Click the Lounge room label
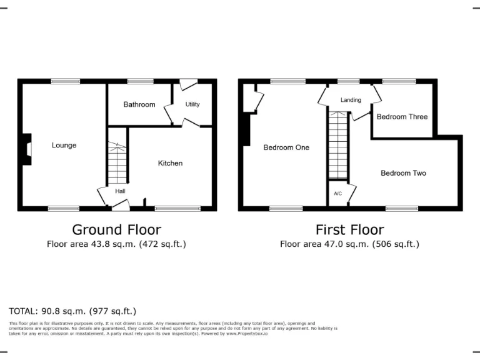click(x=64, y=146)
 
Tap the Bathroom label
click(x=139, y=104)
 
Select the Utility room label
click(x=192, y=104)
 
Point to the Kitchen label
click(x=170, y=163)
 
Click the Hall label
click(x=120, y=191)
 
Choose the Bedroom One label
click(x=286, y=147)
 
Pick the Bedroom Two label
click(x=403, y=173)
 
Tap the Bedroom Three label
click(x=402, y=117)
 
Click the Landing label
click(x=351, y=100)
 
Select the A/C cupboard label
click(x=337, y=194)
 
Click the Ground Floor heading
click(x=116, y=230)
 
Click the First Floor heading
click(x=349, y=230)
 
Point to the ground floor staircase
click(x=117, y=163)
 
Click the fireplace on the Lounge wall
click(x=27, y=150)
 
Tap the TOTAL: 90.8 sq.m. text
click(x=72, y=311)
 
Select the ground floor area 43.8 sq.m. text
click(x=116, y=244)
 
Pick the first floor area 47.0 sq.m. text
click(x=349, y=244)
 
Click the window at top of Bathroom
click(x=140, y=81)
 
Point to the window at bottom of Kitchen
click(x=173, y=208)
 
